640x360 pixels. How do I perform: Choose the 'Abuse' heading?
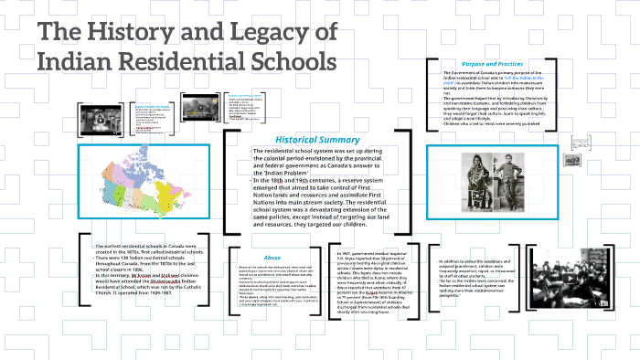[272, 259]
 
